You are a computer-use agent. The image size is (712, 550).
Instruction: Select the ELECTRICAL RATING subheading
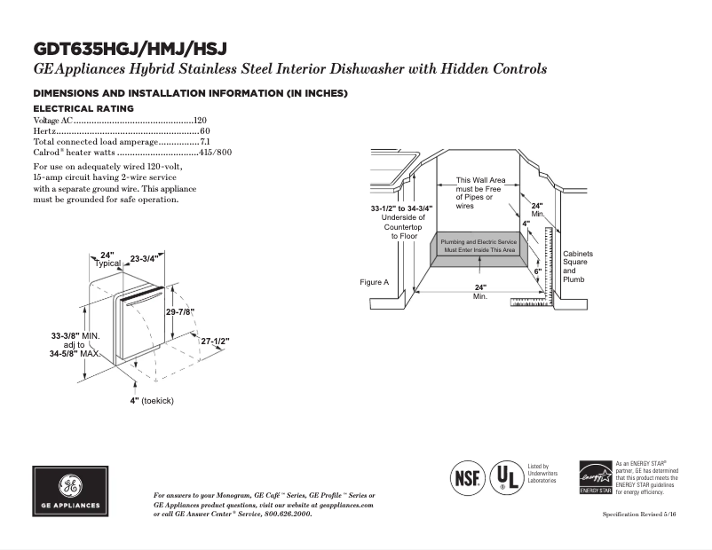click(x=83, y=108)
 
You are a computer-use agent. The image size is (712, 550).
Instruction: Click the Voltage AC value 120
click(x=200, y=120)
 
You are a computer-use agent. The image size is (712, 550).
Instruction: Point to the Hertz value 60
click(x=204, y=131)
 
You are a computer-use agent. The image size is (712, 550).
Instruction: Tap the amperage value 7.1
click(x=204, y=142)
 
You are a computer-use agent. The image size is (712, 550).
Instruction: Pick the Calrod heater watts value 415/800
click(x=215, y=153)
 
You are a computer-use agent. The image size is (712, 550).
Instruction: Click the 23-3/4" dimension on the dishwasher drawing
click(x=144, y=259)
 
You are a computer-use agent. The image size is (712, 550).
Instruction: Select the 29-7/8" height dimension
click(x=181, y=311)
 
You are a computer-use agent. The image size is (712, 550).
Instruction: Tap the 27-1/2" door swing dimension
click(x=215, y=341)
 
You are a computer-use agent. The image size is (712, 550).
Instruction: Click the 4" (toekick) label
click(x=151, y=401)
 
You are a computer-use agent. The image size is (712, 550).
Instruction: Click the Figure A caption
click(x=374, y=282)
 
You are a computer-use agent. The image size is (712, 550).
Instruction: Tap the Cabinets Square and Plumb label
click(x=577, y=266)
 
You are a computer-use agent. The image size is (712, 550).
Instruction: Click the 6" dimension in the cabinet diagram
click(x=537, y=271)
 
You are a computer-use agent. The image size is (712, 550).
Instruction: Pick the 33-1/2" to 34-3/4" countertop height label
click(x=401, y=208)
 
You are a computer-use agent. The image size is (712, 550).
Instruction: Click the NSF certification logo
click(x=468, y=476)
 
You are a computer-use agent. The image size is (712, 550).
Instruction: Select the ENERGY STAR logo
click(x=595, y=477)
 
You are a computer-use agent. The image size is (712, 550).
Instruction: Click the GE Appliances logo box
click(x=69, y=490)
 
